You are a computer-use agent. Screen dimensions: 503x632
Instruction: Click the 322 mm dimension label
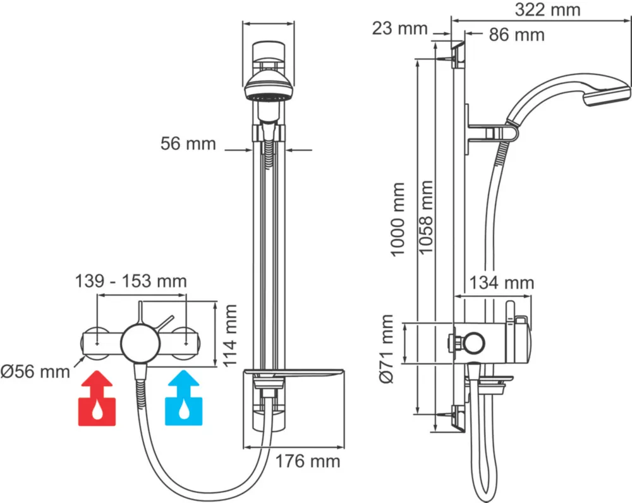(547, 10)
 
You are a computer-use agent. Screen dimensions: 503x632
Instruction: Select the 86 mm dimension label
(516, 35)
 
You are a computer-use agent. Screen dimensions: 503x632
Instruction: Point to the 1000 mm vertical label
(398, 219)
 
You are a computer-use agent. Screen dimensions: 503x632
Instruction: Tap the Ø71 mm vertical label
(387, 349)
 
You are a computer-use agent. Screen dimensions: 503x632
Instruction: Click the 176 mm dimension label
(307, 461)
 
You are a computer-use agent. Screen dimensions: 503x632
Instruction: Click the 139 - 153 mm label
(131, 281)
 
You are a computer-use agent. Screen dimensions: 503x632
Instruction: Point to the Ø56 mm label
(35, 372)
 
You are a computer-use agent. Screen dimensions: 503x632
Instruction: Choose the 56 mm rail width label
(188, 144)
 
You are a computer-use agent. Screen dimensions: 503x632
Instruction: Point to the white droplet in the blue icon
(184, 413)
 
